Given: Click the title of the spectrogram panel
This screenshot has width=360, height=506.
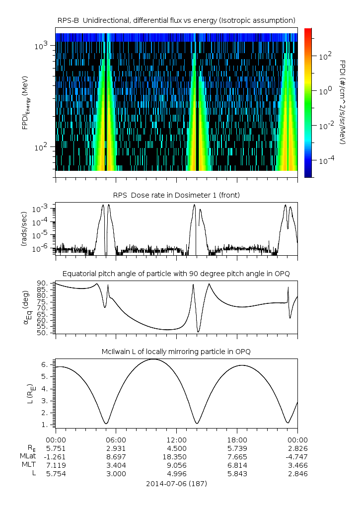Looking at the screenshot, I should (x=176, y=20).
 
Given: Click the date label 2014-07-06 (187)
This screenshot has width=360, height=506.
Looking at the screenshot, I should (x=176, y=483).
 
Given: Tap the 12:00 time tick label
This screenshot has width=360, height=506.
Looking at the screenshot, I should (x=176, y=439).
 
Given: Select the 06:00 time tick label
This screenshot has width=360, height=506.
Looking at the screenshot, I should (x=116, y=439).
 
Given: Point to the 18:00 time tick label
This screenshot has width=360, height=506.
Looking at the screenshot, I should (x=237, y=439).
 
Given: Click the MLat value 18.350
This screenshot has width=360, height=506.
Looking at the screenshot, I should (x=176, y=456).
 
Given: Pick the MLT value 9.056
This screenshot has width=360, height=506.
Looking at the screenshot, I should (x=176, y=465).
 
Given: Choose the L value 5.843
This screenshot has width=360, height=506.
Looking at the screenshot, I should (x=237, y=474).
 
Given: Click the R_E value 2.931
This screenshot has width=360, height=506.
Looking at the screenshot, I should (x=116, y=448).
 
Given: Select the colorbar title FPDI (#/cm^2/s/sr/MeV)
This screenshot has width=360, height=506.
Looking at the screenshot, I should (x=342, y=102).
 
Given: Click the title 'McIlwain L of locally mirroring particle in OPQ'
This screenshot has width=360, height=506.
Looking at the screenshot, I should (x=176, y=352).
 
